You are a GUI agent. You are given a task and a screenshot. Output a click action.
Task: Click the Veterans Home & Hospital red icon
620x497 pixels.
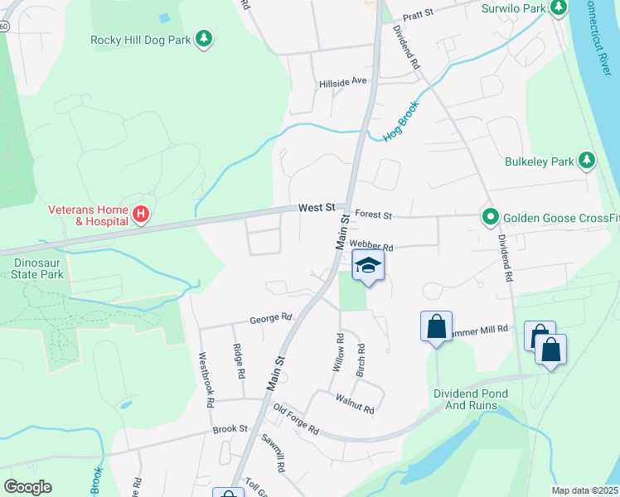(141, 215)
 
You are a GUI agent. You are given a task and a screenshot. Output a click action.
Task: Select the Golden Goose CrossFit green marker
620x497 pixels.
(490, 219)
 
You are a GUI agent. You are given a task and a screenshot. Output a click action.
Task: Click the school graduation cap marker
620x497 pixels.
(368, 266)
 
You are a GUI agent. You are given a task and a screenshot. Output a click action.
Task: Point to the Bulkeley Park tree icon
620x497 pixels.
(587, 161)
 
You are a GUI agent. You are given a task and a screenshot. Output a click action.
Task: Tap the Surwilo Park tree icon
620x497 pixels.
(559, 8)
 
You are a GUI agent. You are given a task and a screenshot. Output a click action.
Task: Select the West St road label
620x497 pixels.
(317, 207)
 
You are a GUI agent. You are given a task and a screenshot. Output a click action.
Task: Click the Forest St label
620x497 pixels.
(373, 215)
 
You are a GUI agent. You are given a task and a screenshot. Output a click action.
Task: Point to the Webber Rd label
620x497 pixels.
(371, 246)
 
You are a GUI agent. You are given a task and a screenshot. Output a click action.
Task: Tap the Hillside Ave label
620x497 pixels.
(343, 82)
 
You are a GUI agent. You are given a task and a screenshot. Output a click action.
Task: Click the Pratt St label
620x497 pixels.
(419, 16)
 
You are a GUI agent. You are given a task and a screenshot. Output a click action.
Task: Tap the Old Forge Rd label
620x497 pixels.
(296, 420)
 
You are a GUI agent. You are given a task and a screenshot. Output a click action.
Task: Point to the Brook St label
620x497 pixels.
(230, 429)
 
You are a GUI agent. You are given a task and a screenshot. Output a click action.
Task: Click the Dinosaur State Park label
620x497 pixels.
(38, 268)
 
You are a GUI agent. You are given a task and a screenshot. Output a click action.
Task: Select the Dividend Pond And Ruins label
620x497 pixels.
(465, 399)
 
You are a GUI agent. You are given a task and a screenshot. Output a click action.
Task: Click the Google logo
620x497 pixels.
(28, 487)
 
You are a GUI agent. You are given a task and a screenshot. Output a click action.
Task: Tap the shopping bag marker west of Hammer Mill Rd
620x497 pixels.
(436, 326)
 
